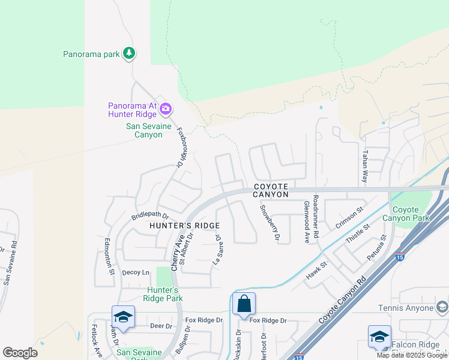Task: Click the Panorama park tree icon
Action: [128, 54]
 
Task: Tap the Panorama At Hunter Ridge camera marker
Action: [166, 109]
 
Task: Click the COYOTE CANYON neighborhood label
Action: [271, 191]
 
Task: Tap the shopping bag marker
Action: [244, 304]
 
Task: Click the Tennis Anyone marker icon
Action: [441, 308]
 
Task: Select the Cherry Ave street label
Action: [178, 253]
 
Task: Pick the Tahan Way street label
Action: [364, 166]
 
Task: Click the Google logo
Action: [20, 353]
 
